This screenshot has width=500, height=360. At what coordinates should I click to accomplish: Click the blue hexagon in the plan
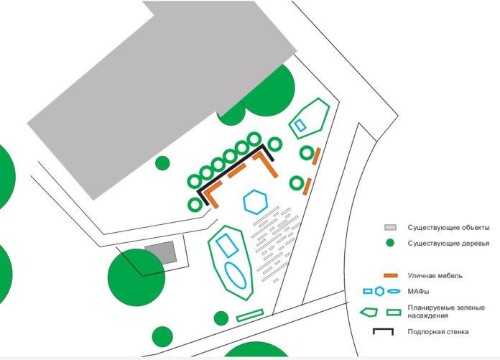click(x=255, y=202)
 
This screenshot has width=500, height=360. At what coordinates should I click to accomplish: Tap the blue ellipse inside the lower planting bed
click(x=236, y=275)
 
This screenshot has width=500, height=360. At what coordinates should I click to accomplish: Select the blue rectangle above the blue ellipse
click(x=227, y=245)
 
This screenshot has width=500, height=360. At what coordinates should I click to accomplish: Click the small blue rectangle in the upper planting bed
click(x=300, y=125)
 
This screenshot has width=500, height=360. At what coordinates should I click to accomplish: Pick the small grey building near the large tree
click(x=161, y=252)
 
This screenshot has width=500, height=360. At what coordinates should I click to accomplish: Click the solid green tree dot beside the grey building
click(x=162, y=163)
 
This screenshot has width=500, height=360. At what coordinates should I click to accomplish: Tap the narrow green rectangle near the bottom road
click(x=250, y=315)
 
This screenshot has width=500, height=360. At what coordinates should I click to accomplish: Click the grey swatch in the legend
click(x=390, y=227)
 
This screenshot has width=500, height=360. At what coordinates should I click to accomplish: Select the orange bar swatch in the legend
click(x=391, y=275)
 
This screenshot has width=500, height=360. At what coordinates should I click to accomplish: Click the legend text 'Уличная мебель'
click(x=435, y=275)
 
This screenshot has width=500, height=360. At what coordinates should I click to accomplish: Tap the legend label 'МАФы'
click(x=418, y=292)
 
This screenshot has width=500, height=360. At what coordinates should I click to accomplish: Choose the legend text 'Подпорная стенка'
click(x=438, y=332)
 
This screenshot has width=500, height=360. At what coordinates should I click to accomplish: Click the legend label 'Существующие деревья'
click(x=448, y=244)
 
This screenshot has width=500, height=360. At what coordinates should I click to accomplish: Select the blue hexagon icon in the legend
click(x=379, y=291)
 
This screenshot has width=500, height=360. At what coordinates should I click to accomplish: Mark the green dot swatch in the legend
click(x=390, y=243)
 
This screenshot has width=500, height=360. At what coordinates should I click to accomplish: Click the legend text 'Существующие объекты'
click(x=448, y=228)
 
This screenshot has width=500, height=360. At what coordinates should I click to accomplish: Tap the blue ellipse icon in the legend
click(x=394, y=291)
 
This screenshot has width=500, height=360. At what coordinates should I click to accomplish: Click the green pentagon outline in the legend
click(x=369, y=312)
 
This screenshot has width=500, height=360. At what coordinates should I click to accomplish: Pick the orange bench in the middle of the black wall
click(x=236, y=170)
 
